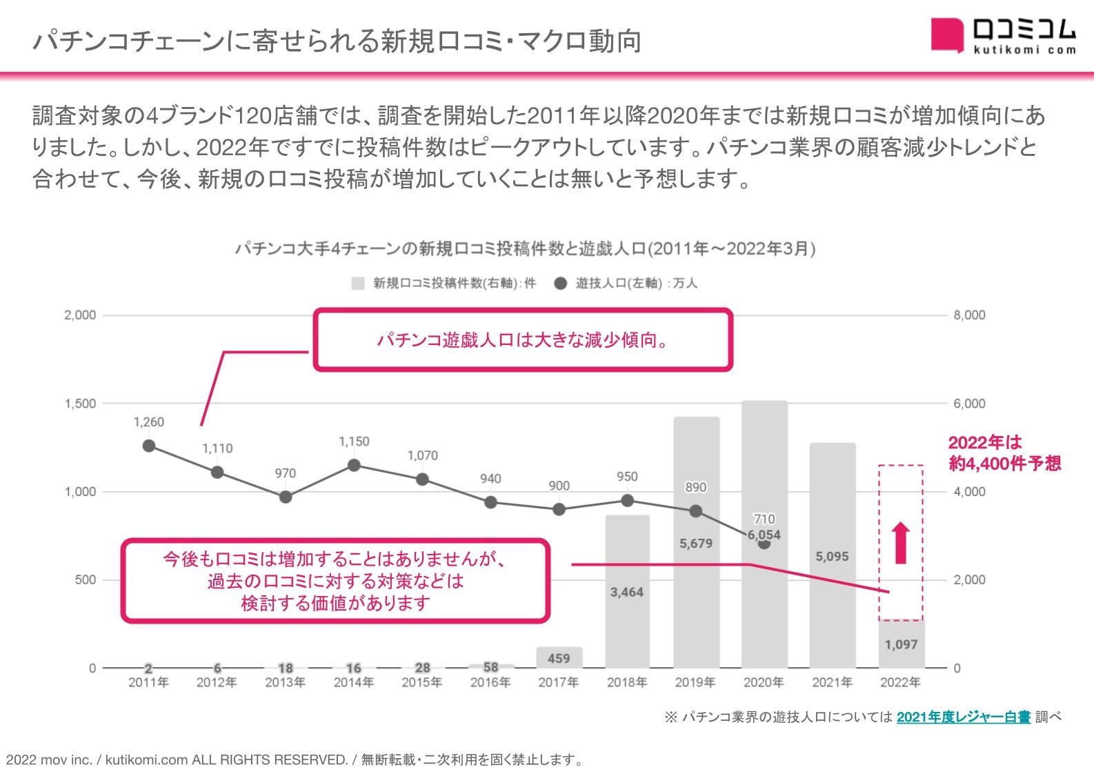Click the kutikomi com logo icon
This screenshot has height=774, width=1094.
click(946, 34)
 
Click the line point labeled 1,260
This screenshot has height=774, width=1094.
click(149, 446)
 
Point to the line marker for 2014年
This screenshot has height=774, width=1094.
click(354, 466)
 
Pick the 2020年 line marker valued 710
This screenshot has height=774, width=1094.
click(764, 544)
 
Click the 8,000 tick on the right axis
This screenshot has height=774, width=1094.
click(969, 315)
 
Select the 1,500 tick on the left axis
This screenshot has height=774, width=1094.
click(81, 404)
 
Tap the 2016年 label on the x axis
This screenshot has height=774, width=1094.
click(490, 683)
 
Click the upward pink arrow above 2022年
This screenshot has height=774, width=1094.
click(901, 543)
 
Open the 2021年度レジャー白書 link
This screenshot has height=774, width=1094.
click(963, 717)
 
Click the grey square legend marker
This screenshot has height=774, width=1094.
click(357, 284)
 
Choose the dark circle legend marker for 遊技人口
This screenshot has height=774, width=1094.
click(561, 284)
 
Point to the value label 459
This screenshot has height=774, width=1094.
click(559, 659)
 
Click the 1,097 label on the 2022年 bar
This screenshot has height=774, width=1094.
click(901, 645)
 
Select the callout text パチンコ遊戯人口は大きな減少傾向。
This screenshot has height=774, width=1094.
click(522, 340)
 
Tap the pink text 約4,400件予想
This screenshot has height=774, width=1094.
click(1004, 464)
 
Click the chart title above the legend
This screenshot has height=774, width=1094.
click(524, 249)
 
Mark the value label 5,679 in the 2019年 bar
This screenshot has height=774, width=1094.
click(695, 544)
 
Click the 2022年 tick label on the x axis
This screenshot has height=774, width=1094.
click(900, 683)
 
